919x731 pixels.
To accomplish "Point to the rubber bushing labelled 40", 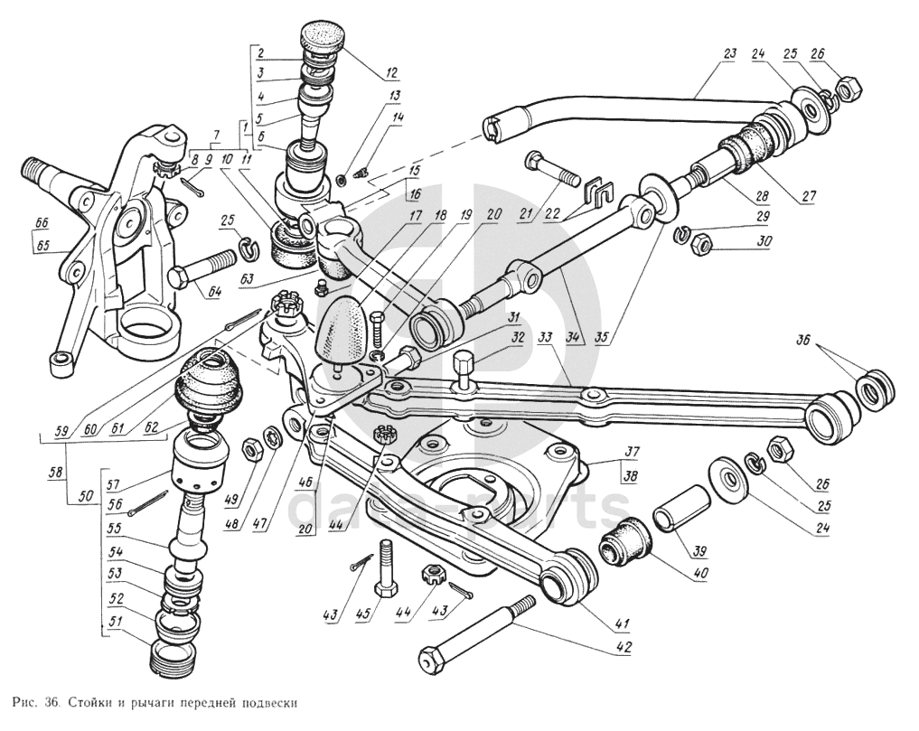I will point(621,541).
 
